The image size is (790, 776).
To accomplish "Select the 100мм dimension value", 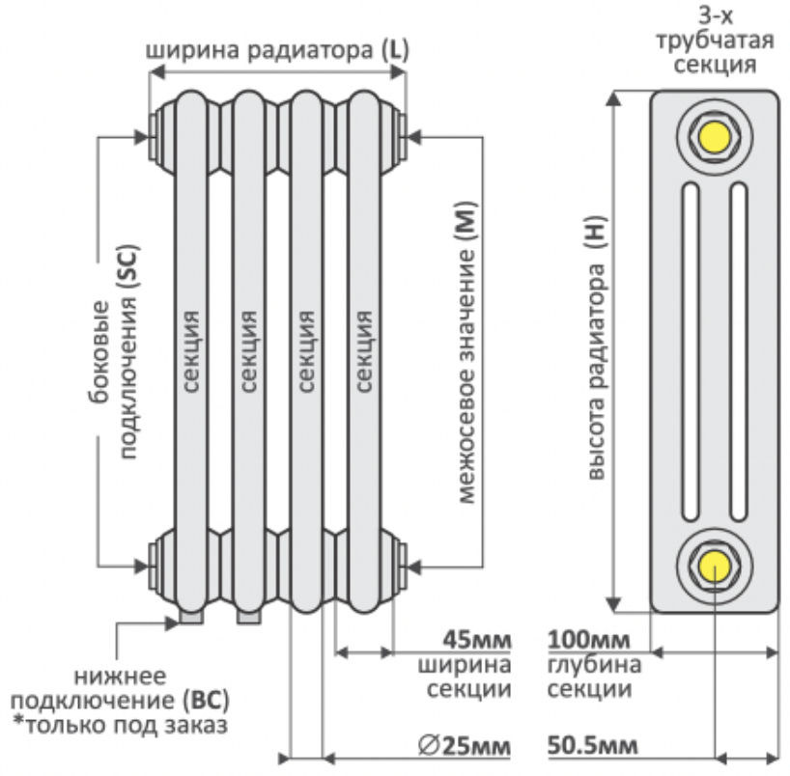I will [589, 640].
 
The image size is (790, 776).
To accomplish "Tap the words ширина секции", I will [465, 678].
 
